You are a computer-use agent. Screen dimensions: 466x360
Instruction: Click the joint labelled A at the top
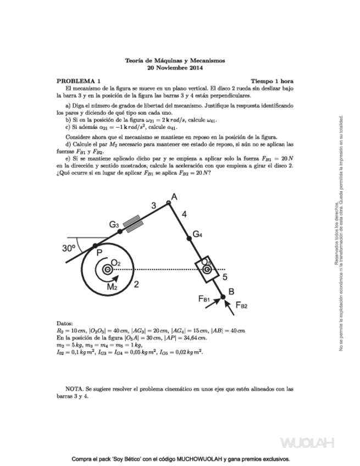[x=169, y=203]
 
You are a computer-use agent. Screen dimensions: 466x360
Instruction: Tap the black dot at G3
[x=120, y=231]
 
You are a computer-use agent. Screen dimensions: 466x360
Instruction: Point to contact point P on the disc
[x=95, y=245]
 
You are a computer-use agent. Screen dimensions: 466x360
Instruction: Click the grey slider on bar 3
[x=134, y=223]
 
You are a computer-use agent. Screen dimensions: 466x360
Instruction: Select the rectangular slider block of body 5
[x=207, y=270]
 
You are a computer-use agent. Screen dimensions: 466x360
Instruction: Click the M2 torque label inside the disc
[x=112, y=286]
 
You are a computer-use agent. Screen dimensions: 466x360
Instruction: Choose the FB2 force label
[x=242, y=306]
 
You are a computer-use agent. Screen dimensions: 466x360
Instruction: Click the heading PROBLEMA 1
[x=79, y=80]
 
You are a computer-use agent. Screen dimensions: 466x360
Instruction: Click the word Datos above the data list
[x=65, y=323]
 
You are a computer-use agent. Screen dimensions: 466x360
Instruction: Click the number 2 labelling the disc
[x=136, y=284]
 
